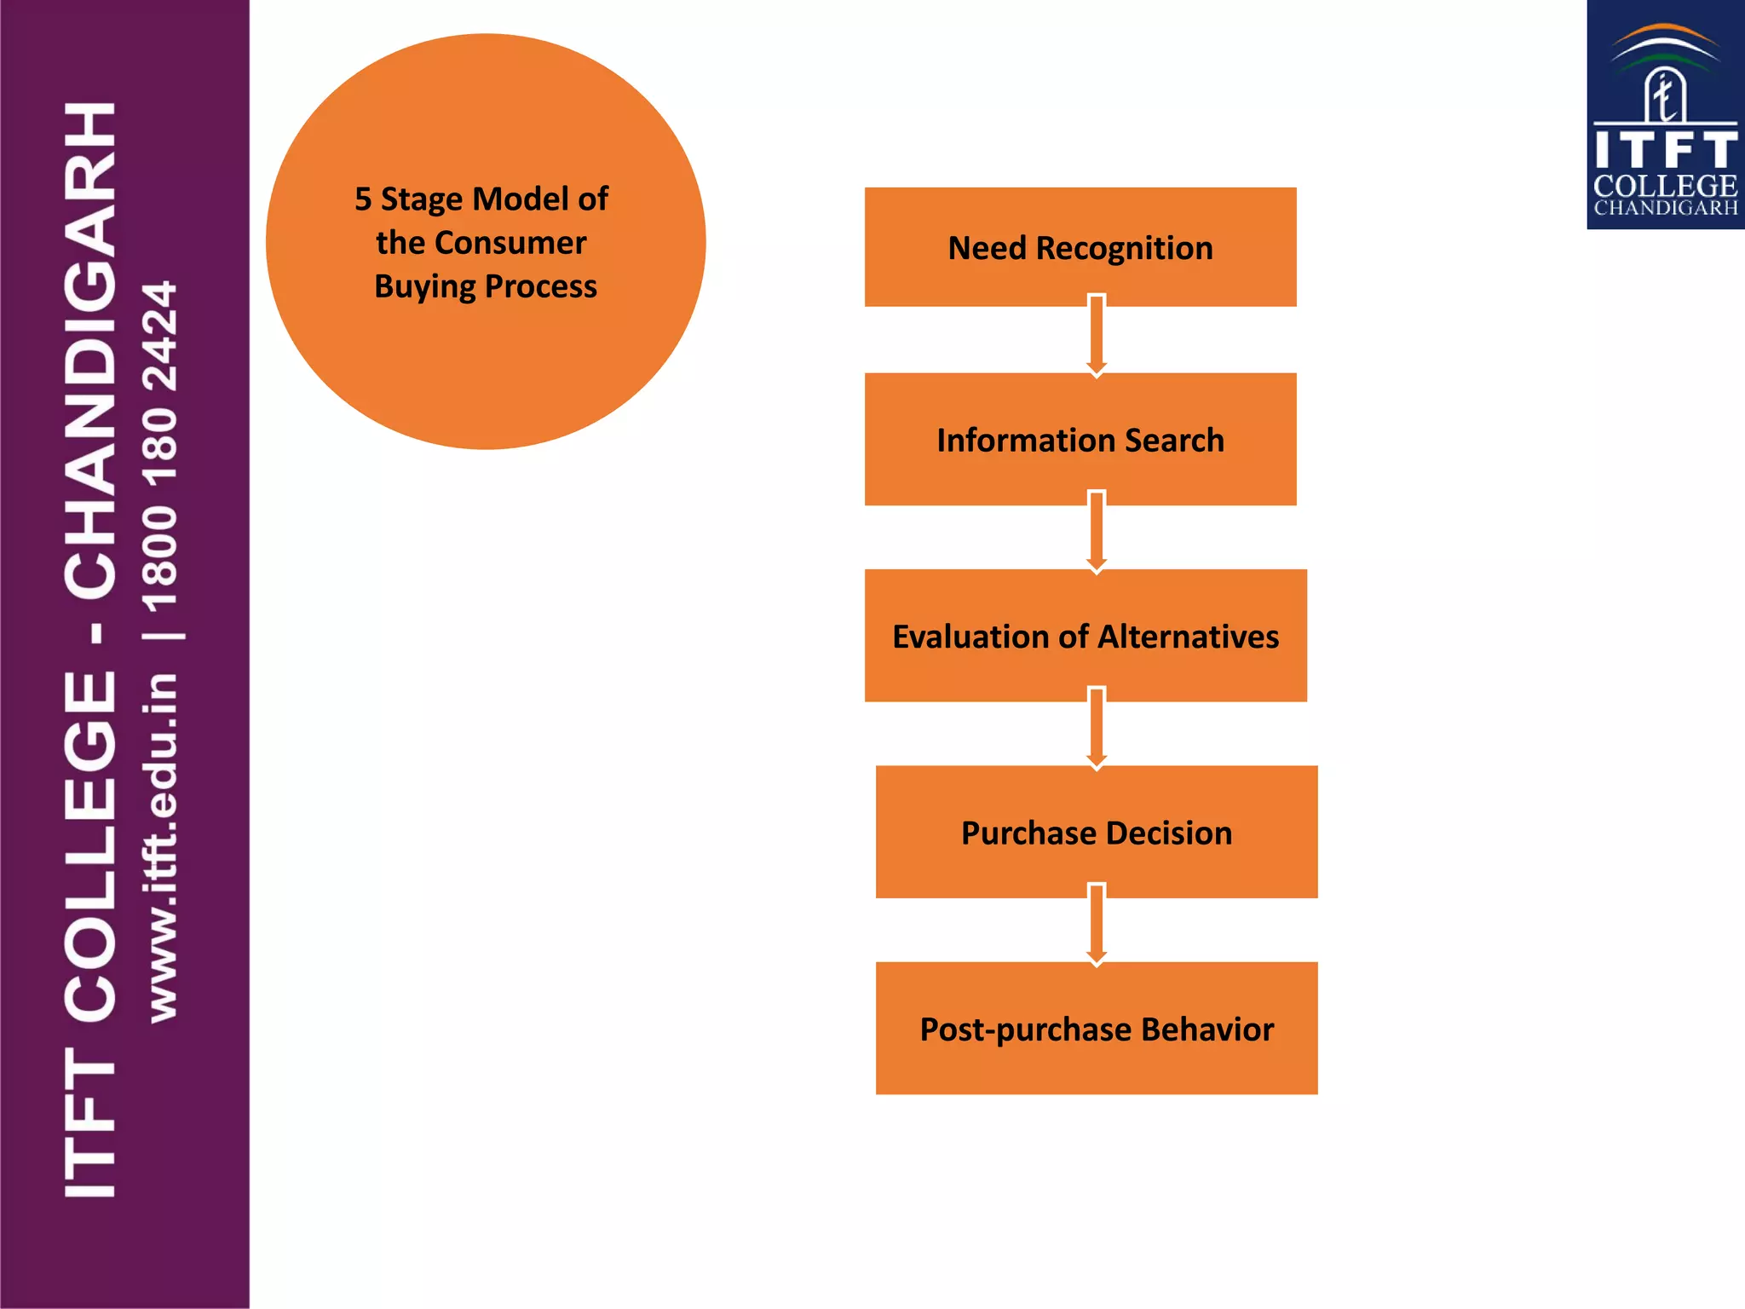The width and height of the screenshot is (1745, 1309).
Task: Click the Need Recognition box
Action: point(1080,247)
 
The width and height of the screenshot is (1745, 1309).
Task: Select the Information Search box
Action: point(1080,440)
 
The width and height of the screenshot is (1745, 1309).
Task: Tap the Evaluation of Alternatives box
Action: point(1086,636)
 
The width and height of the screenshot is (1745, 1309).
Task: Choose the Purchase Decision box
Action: point(1097,832)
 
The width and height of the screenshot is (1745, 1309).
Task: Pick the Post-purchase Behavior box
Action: point(1097,1029)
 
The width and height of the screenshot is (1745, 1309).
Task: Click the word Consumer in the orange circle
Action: point(510,243)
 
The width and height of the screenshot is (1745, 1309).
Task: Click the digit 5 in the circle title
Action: point(363,199)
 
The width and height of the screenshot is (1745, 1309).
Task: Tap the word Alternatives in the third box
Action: point(1189,637)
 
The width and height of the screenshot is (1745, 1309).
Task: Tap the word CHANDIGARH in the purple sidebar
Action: point(90,349)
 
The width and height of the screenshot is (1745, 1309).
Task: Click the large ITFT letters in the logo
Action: point(1665,150)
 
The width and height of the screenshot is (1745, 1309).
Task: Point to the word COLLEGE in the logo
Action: point(1665,186)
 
